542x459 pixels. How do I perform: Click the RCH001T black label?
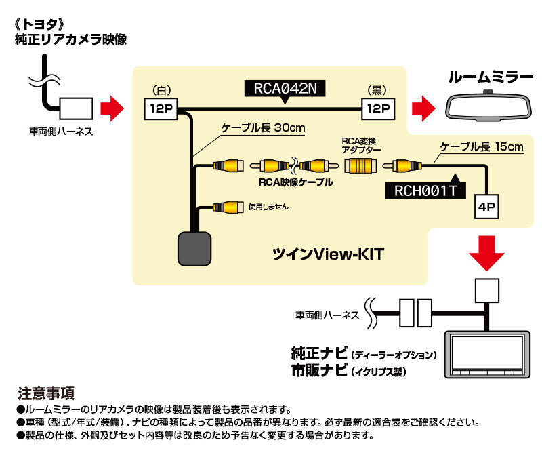tap(425, 191)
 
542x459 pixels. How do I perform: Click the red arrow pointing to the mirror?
tap(425, 107)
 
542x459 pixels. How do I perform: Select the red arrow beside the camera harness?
tap(112, 107)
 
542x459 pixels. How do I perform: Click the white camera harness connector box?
tap(76, 108)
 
